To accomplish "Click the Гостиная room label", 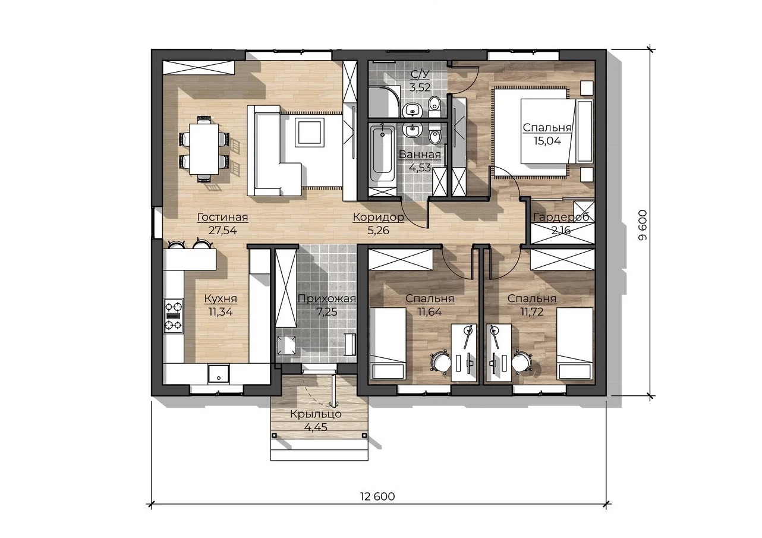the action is pos(223,217).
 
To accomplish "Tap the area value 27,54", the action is pos(222,231).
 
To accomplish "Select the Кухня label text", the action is pos(221,298).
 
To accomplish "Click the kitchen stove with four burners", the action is pos(174,316).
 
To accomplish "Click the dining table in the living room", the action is pos(204,149).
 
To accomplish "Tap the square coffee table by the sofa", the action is pos(309,131).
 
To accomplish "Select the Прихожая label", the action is pos(326,299).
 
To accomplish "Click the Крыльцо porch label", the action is pos(316,414).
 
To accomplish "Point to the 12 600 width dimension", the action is pos(377,496).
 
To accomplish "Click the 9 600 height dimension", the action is pos(643,225).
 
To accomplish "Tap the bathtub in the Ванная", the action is pos(382,153).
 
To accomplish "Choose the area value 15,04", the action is pos(547,141).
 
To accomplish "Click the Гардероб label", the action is pos(561,217).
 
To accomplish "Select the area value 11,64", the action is pos(430,312).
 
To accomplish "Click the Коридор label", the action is pos(378,217).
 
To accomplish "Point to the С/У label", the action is pos(420,74).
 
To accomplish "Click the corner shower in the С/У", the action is pos(383,102).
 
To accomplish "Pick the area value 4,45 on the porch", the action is pos(316,427).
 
